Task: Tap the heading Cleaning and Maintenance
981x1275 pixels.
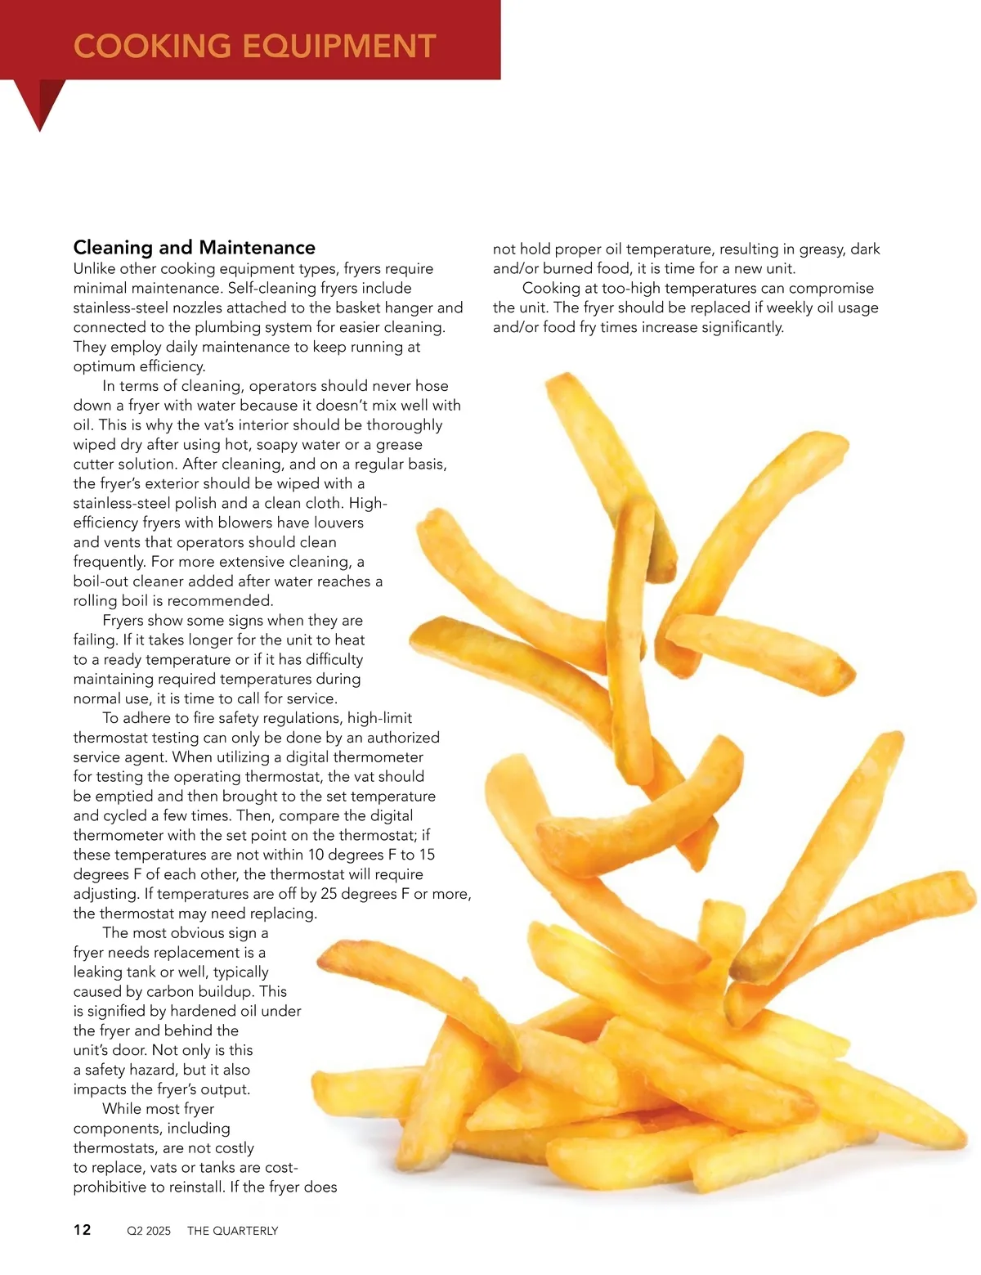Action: (x=194, y=247)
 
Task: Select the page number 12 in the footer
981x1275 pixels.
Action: (x=83, y=1230)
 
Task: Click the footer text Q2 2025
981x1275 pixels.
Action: (x=149, y=1231)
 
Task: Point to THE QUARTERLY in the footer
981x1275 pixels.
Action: (x=232, y=1231)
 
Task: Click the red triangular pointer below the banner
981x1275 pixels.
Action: (x=39, y=102)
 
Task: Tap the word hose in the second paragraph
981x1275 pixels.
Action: (x=431, y=386)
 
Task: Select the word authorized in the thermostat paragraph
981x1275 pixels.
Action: (x=403, y=738)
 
